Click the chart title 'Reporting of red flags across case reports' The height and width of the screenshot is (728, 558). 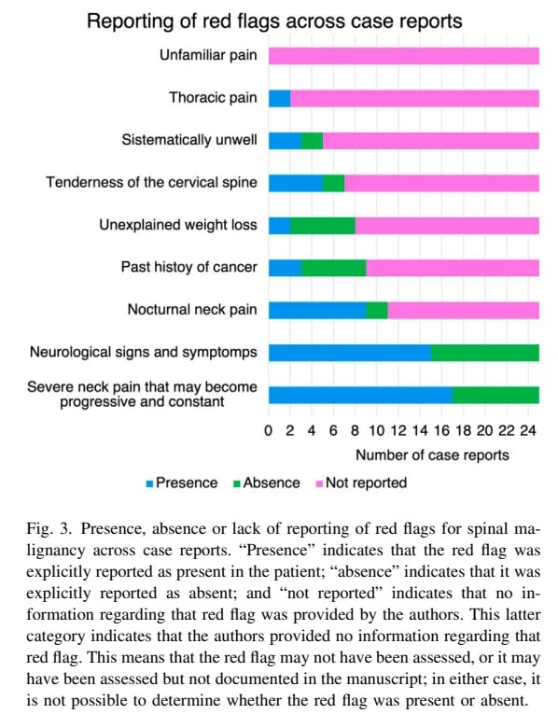[x=274, y=21]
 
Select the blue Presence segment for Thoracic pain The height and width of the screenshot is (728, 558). [x=279, y=98]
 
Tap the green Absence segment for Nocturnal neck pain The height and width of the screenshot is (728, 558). [x=376, y=310]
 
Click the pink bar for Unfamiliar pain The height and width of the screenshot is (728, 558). [x=404, y=56]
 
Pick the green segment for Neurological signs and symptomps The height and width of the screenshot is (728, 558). [x=485, y=353]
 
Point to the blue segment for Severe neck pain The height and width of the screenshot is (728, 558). [x=361, y=395]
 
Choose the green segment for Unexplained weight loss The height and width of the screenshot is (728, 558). [x=323, y=226]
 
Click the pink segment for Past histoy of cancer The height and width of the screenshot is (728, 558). [x=453, y=268]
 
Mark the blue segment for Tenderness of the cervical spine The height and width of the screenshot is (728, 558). [x=296, y=183]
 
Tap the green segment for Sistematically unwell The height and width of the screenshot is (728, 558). [x=312, y=141]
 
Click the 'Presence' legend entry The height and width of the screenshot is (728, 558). [x=182, y=483]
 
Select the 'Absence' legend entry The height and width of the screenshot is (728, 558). [x=266, y=483]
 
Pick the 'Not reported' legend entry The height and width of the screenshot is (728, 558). [x=361, y=483]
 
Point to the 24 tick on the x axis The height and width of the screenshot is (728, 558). [x=528, y=431]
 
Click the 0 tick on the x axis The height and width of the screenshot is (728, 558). [x=269, y=431]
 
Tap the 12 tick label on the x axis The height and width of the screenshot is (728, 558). [x=398, y=431]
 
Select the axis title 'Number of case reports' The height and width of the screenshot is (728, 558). [x=432, y=455]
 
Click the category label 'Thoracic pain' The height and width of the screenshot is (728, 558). [x=213, y=97]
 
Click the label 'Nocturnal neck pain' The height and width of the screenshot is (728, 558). [x=192, y=309]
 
